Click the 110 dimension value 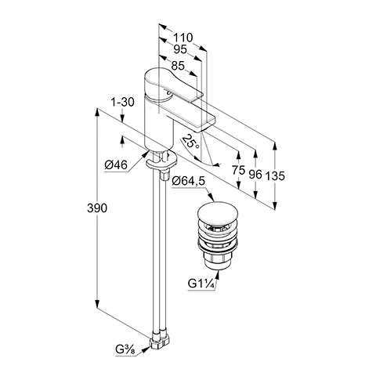click(x=183, y=38)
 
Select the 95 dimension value click(x=180, y=49)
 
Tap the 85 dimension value click(x=178, y=66)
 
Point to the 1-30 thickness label click(x=122, y=102)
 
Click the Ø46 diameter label click(x=116, y=165)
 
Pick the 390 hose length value click(x=97, y=208)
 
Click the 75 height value click(x=239, y=170)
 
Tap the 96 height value click(x=255, y=174)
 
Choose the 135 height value click(x=275, y=175)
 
